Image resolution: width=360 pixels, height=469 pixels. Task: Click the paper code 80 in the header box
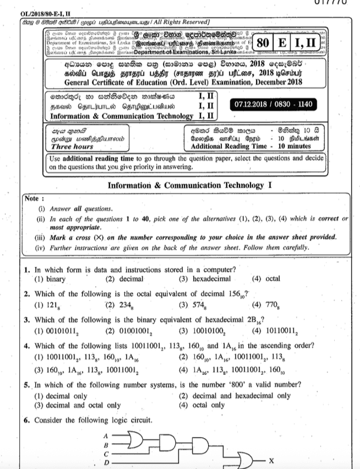click(x=263, y=42)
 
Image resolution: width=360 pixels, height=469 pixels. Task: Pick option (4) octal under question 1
click(x=266, y=279)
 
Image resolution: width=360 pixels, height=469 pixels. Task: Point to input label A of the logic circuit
click(x=106, y=435)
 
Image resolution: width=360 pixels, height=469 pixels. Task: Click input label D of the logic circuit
click(x=106, y=462)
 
